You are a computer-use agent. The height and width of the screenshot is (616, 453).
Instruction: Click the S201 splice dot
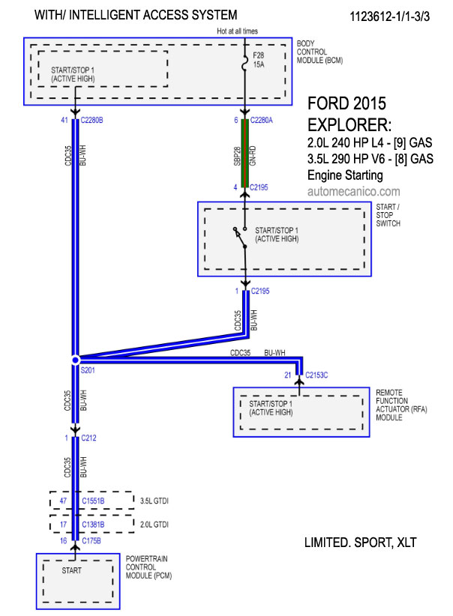(75, 360)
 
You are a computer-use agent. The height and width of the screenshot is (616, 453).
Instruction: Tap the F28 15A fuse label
(258, 60)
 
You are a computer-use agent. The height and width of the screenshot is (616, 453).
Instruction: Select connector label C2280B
(91, 120)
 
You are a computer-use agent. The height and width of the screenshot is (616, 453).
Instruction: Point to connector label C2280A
(261, 120)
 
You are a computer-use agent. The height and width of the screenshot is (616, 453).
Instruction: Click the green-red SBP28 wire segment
(244, 153)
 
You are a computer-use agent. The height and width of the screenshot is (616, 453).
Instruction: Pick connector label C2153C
(316, 375)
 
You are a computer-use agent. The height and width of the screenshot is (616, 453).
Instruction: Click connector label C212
(88, 438)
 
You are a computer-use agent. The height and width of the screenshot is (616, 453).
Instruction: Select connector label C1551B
(93, 501)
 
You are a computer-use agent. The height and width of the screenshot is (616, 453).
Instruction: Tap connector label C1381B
(93, 525)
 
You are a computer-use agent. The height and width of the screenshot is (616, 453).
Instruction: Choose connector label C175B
(91, 541)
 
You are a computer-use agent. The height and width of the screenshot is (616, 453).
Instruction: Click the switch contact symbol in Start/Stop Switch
(240, 238)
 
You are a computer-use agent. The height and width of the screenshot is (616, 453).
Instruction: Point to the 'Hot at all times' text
(237, 31)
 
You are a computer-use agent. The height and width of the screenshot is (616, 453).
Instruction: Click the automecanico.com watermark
(353, 191)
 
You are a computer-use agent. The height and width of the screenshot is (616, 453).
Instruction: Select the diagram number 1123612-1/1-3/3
(390, 16)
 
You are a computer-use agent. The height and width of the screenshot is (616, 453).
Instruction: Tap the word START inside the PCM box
(71, 570)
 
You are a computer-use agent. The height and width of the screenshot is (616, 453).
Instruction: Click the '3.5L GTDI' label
(154, 501)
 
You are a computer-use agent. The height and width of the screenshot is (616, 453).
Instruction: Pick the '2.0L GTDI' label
(154, 525)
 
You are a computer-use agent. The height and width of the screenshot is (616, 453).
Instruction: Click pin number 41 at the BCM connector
(64, 120)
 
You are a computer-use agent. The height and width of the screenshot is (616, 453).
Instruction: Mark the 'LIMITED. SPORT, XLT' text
(360, 543)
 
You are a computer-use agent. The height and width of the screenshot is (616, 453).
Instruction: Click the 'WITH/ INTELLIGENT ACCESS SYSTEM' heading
(136, 15)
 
